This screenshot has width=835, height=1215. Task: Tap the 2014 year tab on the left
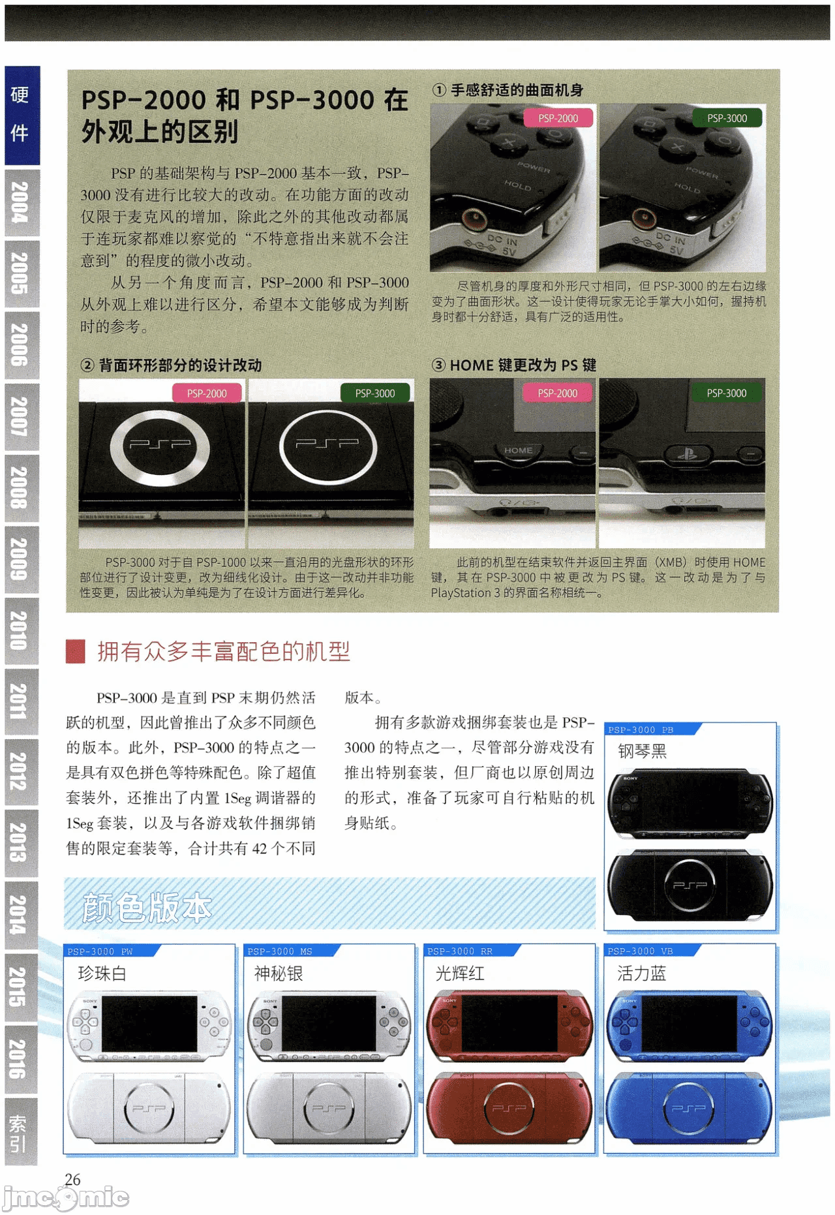pos(21,915)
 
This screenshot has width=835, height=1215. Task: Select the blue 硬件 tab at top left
pos(22,115)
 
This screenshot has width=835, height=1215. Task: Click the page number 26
pos(72,1179)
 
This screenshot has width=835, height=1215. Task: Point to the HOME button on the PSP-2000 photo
pos(518,450)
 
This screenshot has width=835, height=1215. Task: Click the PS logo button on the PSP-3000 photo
pos(687,453)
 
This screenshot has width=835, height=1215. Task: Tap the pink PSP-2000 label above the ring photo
pos(207,393)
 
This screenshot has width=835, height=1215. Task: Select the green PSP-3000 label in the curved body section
pos(727,118)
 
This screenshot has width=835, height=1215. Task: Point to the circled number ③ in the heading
pos(438,365)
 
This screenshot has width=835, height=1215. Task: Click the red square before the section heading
pos(76,651)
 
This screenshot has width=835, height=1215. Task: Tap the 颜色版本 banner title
pos(147,908)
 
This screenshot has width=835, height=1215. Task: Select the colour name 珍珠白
pos(102,974)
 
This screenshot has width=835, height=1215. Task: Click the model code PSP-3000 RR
pos(460,951)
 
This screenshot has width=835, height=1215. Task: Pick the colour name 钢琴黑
pos(642,751)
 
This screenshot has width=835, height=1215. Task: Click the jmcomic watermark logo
pos(65,1197)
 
